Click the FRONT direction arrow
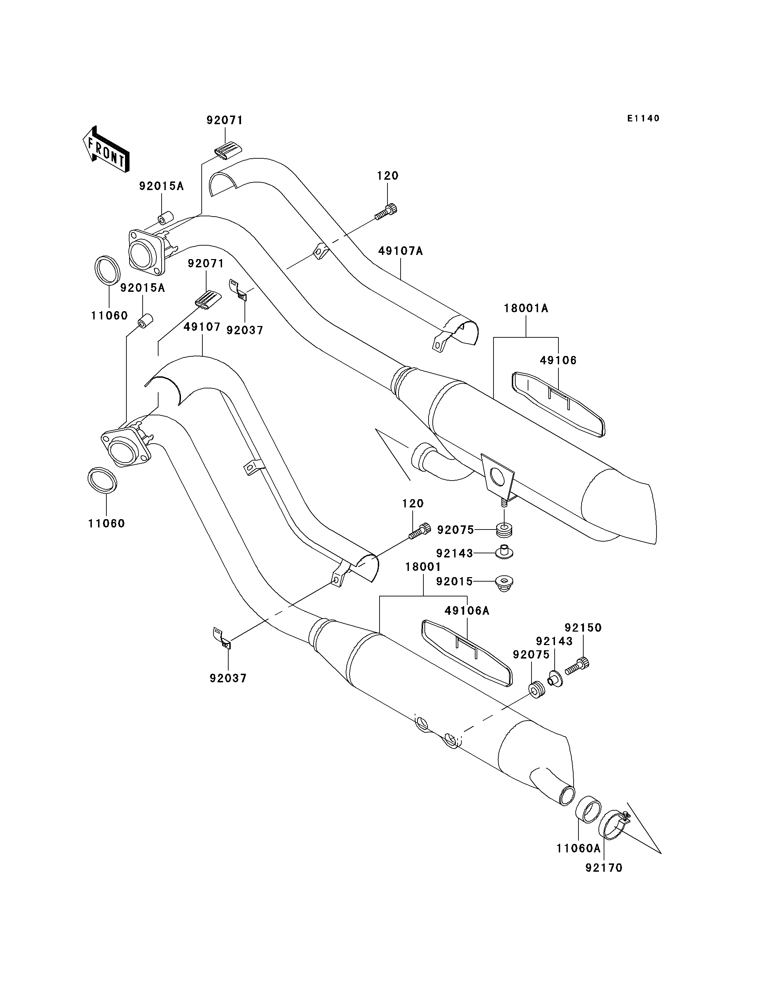pos(106,149)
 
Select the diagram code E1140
pos(643,118)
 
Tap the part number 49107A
pos(401,251)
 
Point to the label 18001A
pos(526,308)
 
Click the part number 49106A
pos(467,611)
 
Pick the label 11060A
pos(578,849)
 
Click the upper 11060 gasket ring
pos(108,270)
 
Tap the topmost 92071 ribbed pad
pos(227,150)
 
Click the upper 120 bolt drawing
pos(386,212)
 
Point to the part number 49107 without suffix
pos(202,327)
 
